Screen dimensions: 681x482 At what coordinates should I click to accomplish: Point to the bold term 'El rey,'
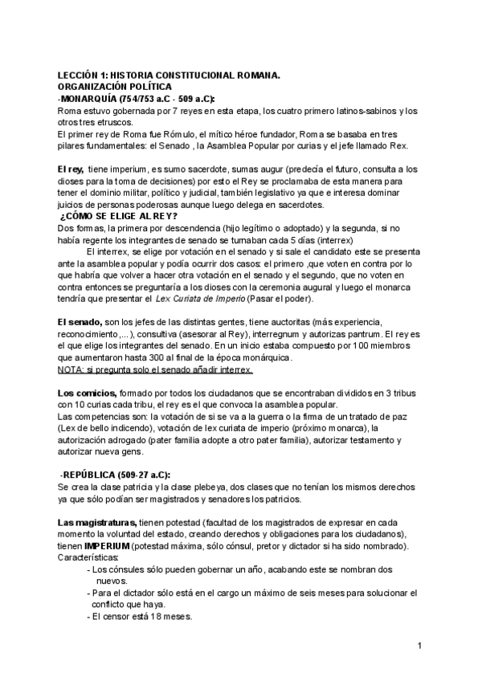click(x=71, y=169)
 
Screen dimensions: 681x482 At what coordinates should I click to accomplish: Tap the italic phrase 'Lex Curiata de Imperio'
click(x=201, y=299)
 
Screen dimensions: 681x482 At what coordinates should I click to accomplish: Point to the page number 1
click(x=419, y=645)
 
